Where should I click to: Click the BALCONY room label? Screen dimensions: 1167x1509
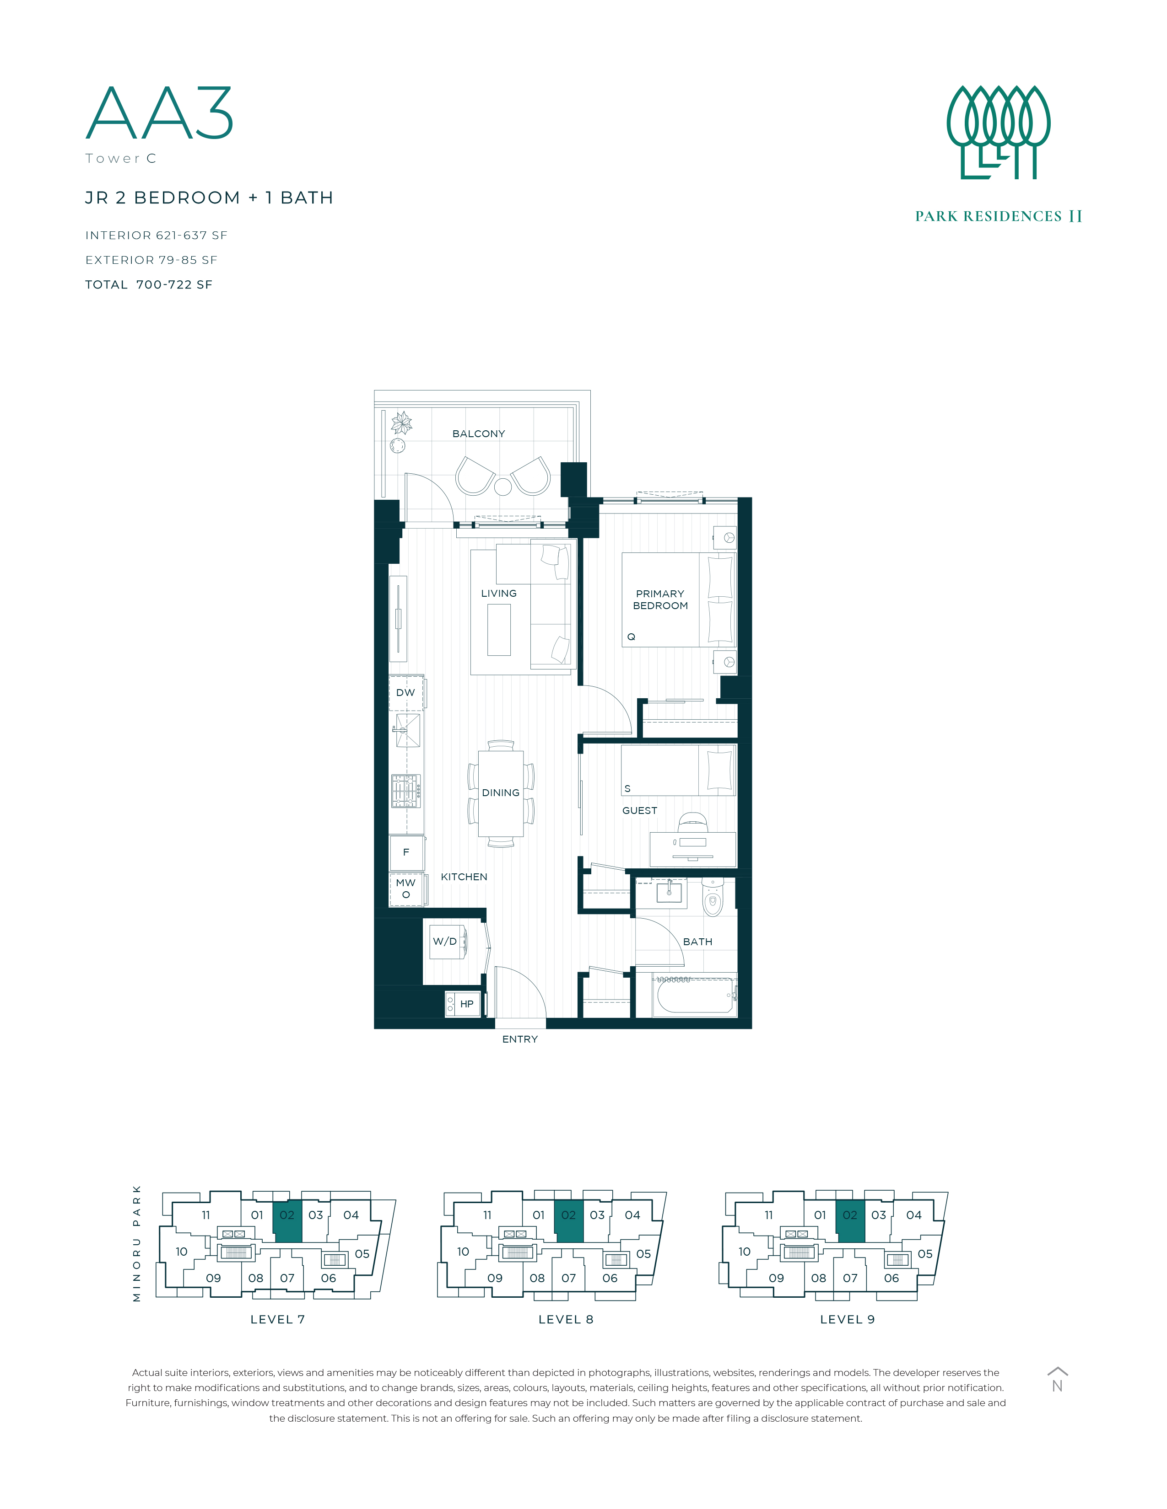pyautogui.click(x=478, y=434)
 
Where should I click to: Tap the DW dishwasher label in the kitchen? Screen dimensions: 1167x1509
pyautogui.click(x=406, y=692)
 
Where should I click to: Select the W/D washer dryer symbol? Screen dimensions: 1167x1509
pyautogui.click(x=448, y=941)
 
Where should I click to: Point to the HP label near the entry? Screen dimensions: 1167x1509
pyautogui.click(x=467, y=1004)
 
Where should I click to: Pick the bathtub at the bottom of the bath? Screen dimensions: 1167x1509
pyautogui.click(x=694, y=995)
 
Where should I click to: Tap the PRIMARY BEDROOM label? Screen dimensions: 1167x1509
pyautogui.click(x=660, y=600)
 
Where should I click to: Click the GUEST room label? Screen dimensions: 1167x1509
pyautogui.click(x=639, y=810)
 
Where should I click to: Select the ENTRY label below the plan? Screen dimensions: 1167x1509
pyautogui.click(x=520, y=1039)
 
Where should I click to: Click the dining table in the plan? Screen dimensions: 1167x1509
pyautogui.click(x=501, y=793)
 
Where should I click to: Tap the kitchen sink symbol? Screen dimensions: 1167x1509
pyautogui.click(x=407, y=730)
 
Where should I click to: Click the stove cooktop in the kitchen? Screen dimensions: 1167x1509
pyautogui.click(x=406, y=791)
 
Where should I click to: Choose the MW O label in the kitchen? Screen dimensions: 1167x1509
pyautogui.click(x=406, y=888)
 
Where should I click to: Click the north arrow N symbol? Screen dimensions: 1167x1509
pyautogui.click(x=1057, y=1381)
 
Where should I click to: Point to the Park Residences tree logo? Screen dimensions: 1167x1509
pyautogui.click(x=998, y=132)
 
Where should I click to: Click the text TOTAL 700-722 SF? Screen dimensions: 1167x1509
pyautogui.click(x=149, y=285)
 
